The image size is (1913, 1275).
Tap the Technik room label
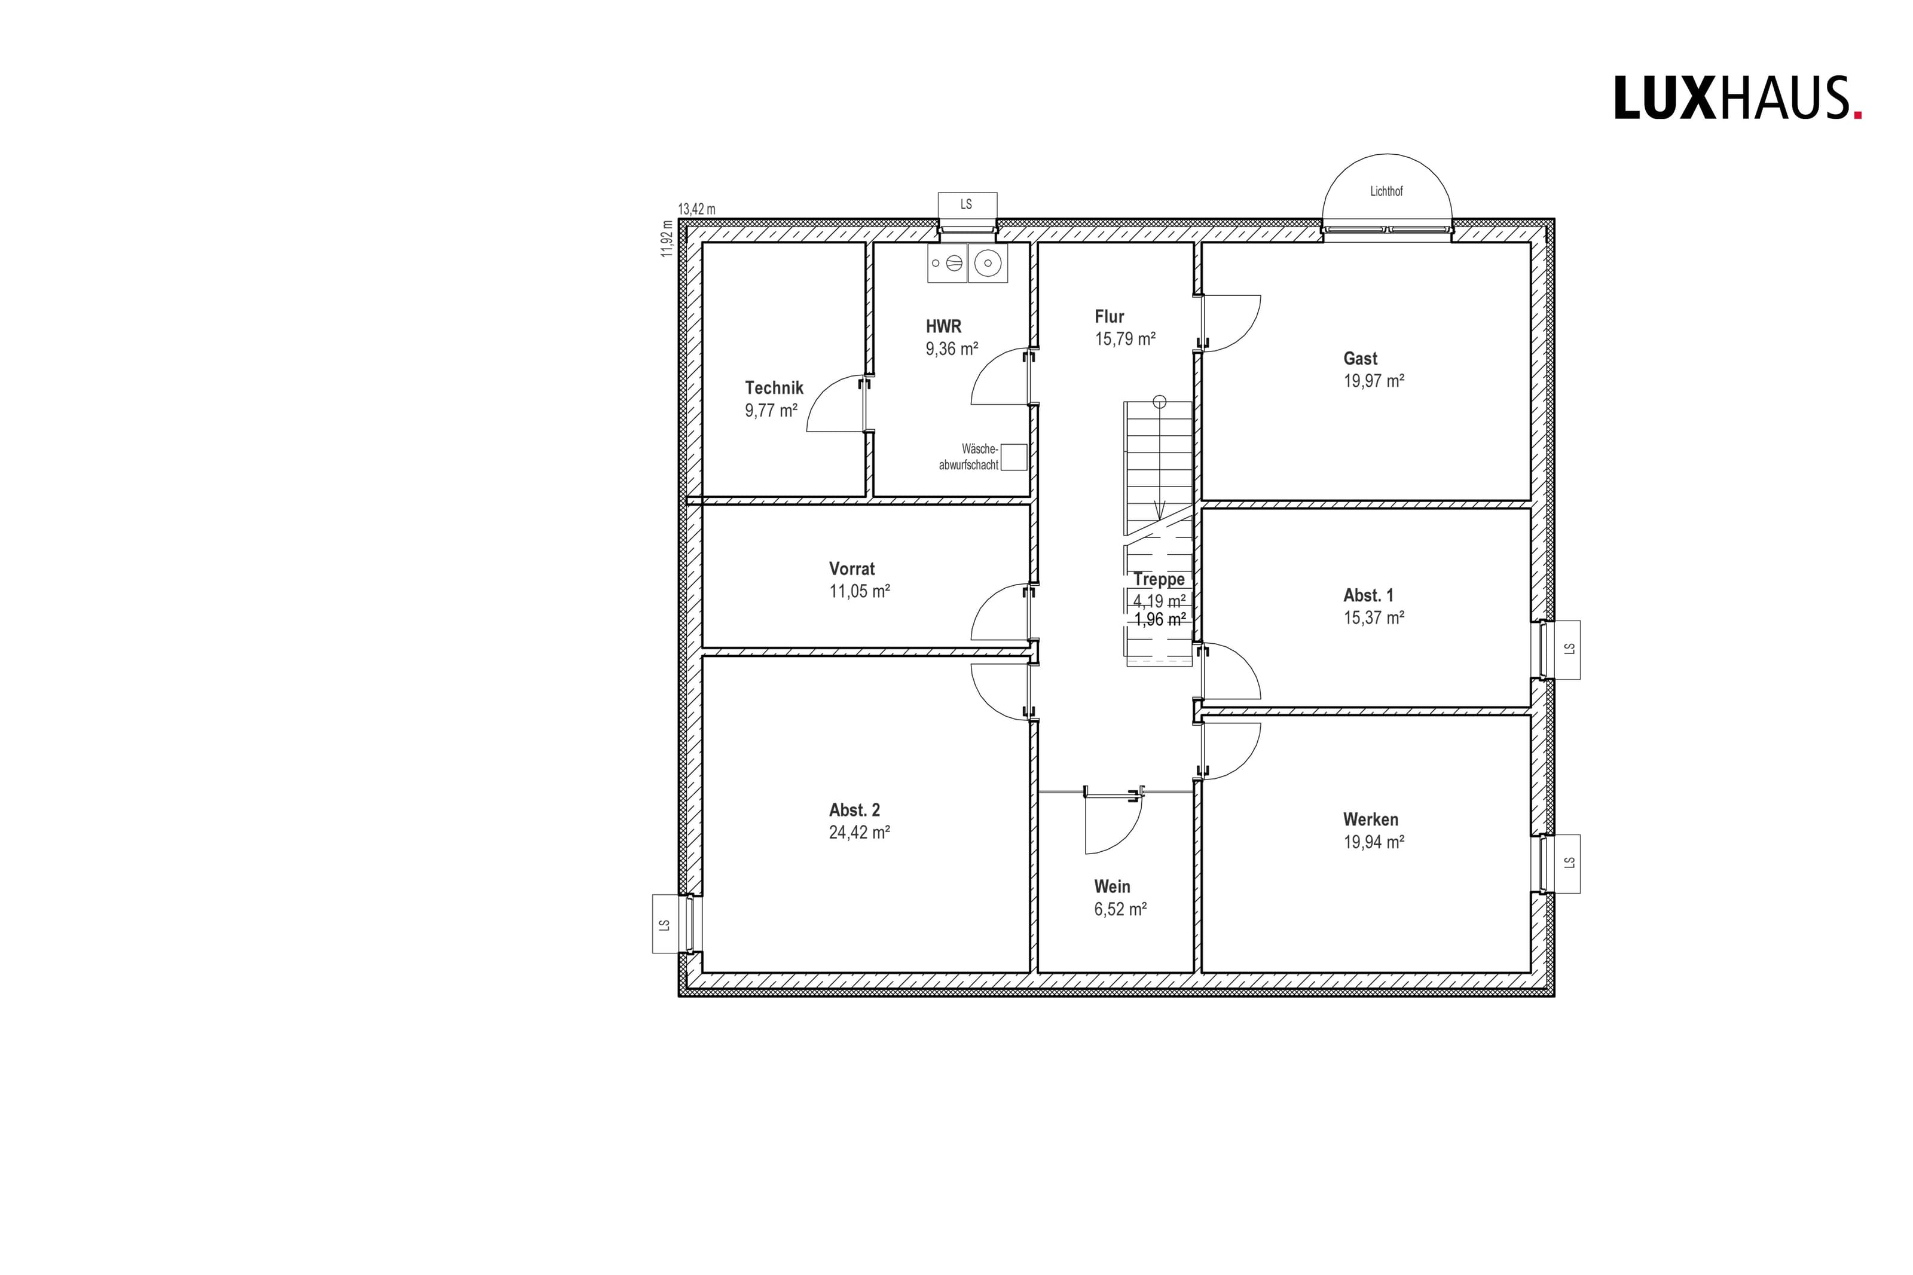click(x=774, y=388)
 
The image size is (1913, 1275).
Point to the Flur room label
click(x=1109, y=316)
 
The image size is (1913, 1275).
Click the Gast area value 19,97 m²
click(x=1373, y=381)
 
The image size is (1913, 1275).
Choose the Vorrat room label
click(x=852, y=568)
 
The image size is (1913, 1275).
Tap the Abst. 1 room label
click(x=1368, y=595)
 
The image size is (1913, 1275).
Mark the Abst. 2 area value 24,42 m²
click(x=859, y=832)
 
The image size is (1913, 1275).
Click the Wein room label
click(x=1112, y=886)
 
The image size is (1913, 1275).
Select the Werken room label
click(x=1371, y=819)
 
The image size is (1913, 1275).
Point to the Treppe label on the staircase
click(x=1159, y=579)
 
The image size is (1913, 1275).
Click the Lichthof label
click(x=1386, y=192)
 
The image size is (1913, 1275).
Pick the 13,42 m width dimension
click(x=696, y=210)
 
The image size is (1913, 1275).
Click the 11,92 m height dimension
click(x=667, y=239)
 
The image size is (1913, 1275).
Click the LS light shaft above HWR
click(x=967, y=204)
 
